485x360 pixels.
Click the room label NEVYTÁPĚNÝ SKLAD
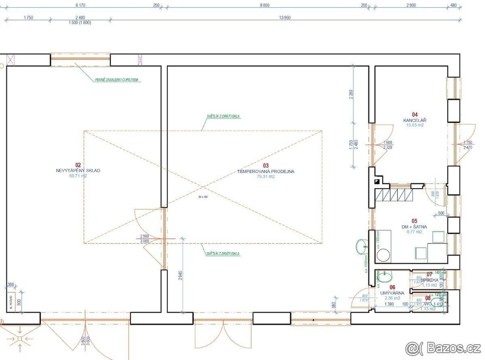coord(78,171)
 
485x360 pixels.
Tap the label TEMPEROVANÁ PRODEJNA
coord(266,171)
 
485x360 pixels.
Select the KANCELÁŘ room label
coord(415,120)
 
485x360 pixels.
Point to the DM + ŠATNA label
coord(414,227)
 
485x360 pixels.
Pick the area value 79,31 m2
coord(266,177)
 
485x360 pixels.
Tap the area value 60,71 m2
coord(78,176)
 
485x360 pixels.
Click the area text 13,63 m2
coord(415,125)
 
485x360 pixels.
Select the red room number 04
coord(415,115)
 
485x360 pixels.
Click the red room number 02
coord(78,165)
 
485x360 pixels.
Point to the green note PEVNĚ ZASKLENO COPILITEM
coord(117,80)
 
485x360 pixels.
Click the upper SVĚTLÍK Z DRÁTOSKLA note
coord(223,116)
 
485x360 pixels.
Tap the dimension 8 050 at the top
coord(264,5)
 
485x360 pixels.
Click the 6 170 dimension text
coord(82,5)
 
